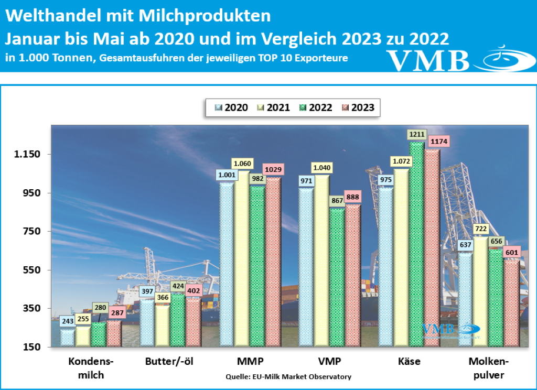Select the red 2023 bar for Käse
coord(432,246)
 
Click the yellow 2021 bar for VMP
coord(322,262)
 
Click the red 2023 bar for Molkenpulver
coord(511,304)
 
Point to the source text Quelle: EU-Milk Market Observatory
coord(288,377)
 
